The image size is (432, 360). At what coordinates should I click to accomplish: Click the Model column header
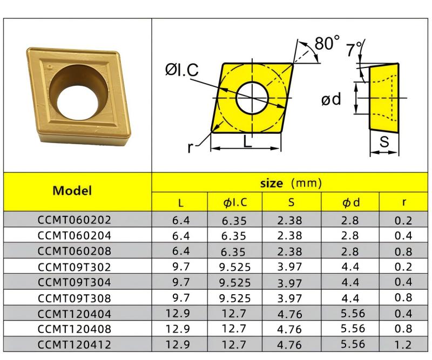coord(72,191)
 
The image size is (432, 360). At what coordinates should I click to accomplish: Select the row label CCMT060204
coord(75,235)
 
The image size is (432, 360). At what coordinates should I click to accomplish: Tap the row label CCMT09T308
coord(75,298)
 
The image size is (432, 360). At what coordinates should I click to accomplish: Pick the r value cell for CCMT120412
coord(403,344)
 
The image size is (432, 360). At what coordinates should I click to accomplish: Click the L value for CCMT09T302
coord(180,267)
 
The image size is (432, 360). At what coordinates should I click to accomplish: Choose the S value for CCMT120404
coord(291,314)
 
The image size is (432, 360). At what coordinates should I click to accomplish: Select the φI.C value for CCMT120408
coord(235,329)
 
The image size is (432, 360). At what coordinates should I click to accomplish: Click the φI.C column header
coord(235,202)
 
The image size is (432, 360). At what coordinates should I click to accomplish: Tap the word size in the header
coord(272,184)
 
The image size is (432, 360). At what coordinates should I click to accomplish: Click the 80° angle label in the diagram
coord(327,43)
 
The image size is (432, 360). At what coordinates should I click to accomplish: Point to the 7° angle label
coord(355,50)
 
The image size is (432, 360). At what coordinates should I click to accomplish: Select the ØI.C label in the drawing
coord(182,70)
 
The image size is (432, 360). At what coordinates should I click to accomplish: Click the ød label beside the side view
coord(331,99)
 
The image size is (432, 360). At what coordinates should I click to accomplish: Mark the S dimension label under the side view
coord(384,142)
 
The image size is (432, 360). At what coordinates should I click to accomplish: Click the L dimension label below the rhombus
coord(247,142)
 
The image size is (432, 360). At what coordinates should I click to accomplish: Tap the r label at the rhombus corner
coord(190,147)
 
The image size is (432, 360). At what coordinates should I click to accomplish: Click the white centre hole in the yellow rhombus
coord(253,98)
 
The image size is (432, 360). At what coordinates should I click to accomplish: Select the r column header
coord(403,202)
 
